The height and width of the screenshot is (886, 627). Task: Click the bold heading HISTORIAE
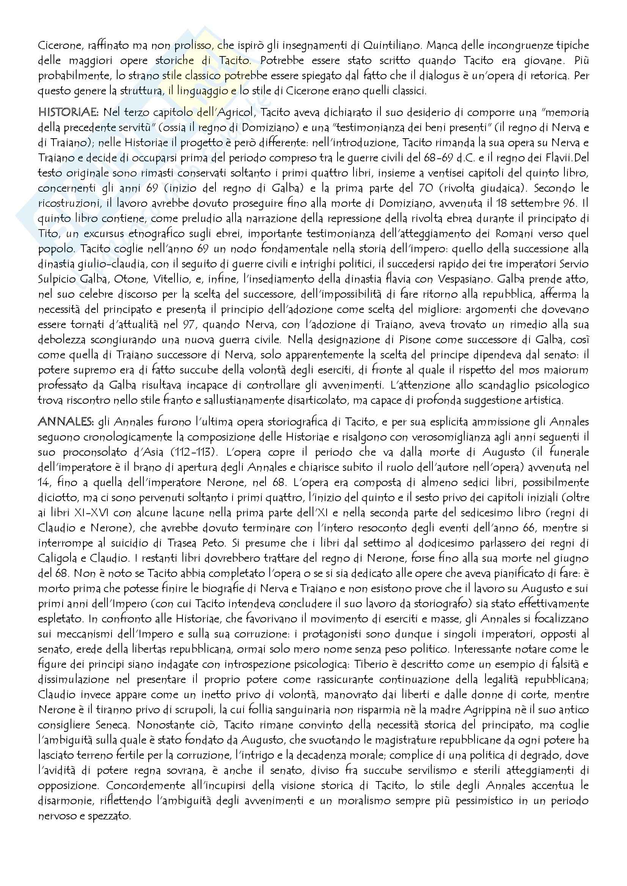[x=68, y=113]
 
